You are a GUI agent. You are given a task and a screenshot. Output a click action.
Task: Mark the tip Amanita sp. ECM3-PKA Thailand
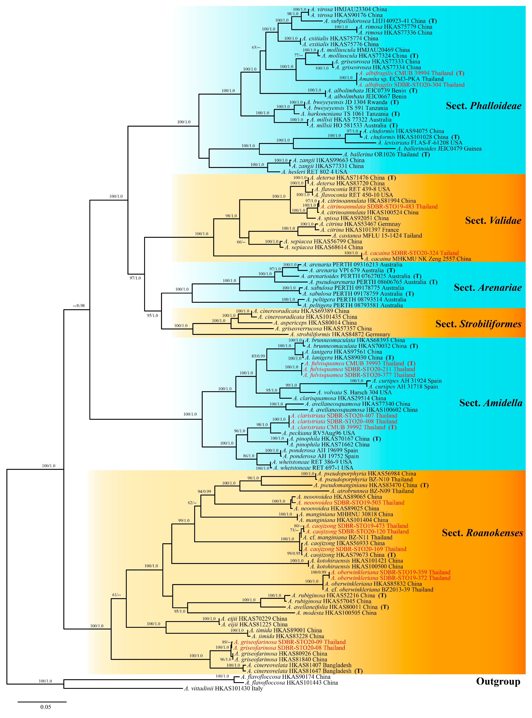(x=401, y=79)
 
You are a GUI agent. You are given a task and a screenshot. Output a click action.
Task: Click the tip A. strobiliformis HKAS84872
(x=340, y=334)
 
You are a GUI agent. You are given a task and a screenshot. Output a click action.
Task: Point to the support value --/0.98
(x=79, y=306)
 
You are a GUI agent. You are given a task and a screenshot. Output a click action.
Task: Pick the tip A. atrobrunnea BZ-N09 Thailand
(x=372, y=491)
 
